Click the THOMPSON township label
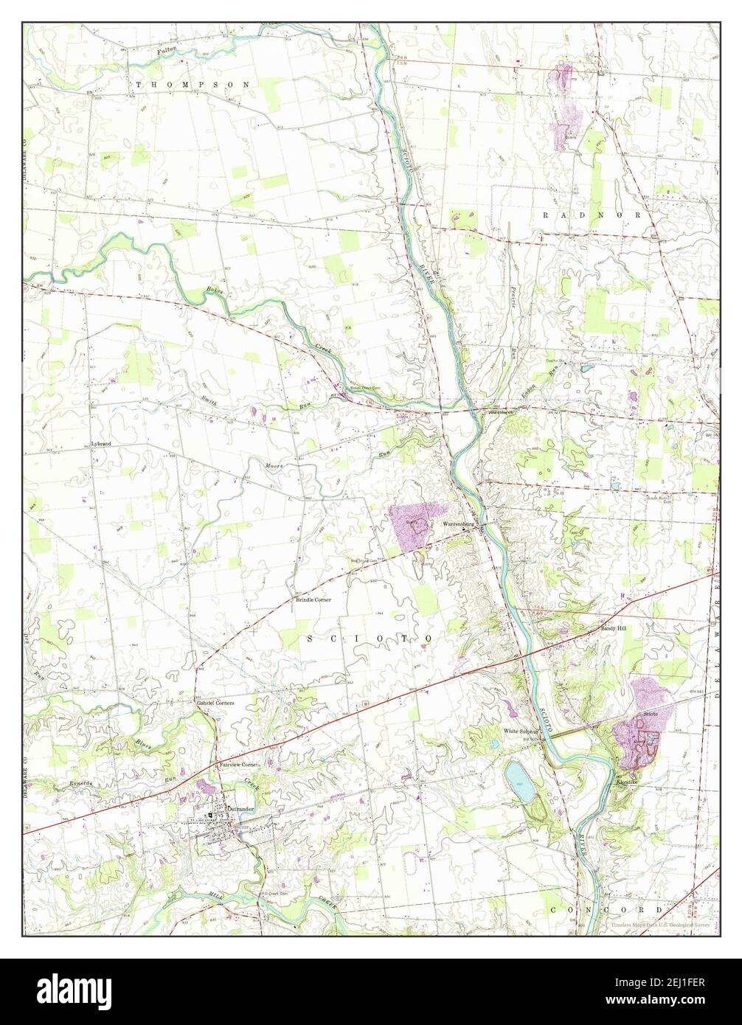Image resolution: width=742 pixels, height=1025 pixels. pyautogui.click(x=193, y=85)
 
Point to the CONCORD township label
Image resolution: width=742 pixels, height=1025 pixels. pyautogui.click(x=605, y=909)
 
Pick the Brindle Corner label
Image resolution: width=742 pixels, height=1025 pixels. pyautogui.click(x=313, y=600)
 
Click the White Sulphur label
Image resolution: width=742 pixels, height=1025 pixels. pyautogui.click(x=521, y=732)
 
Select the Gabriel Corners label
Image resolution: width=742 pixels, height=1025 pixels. pyautogui.click(x=215, y=703)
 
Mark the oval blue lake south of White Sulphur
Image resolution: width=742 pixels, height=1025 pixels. pyautogui.click(x=521, y=782)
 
